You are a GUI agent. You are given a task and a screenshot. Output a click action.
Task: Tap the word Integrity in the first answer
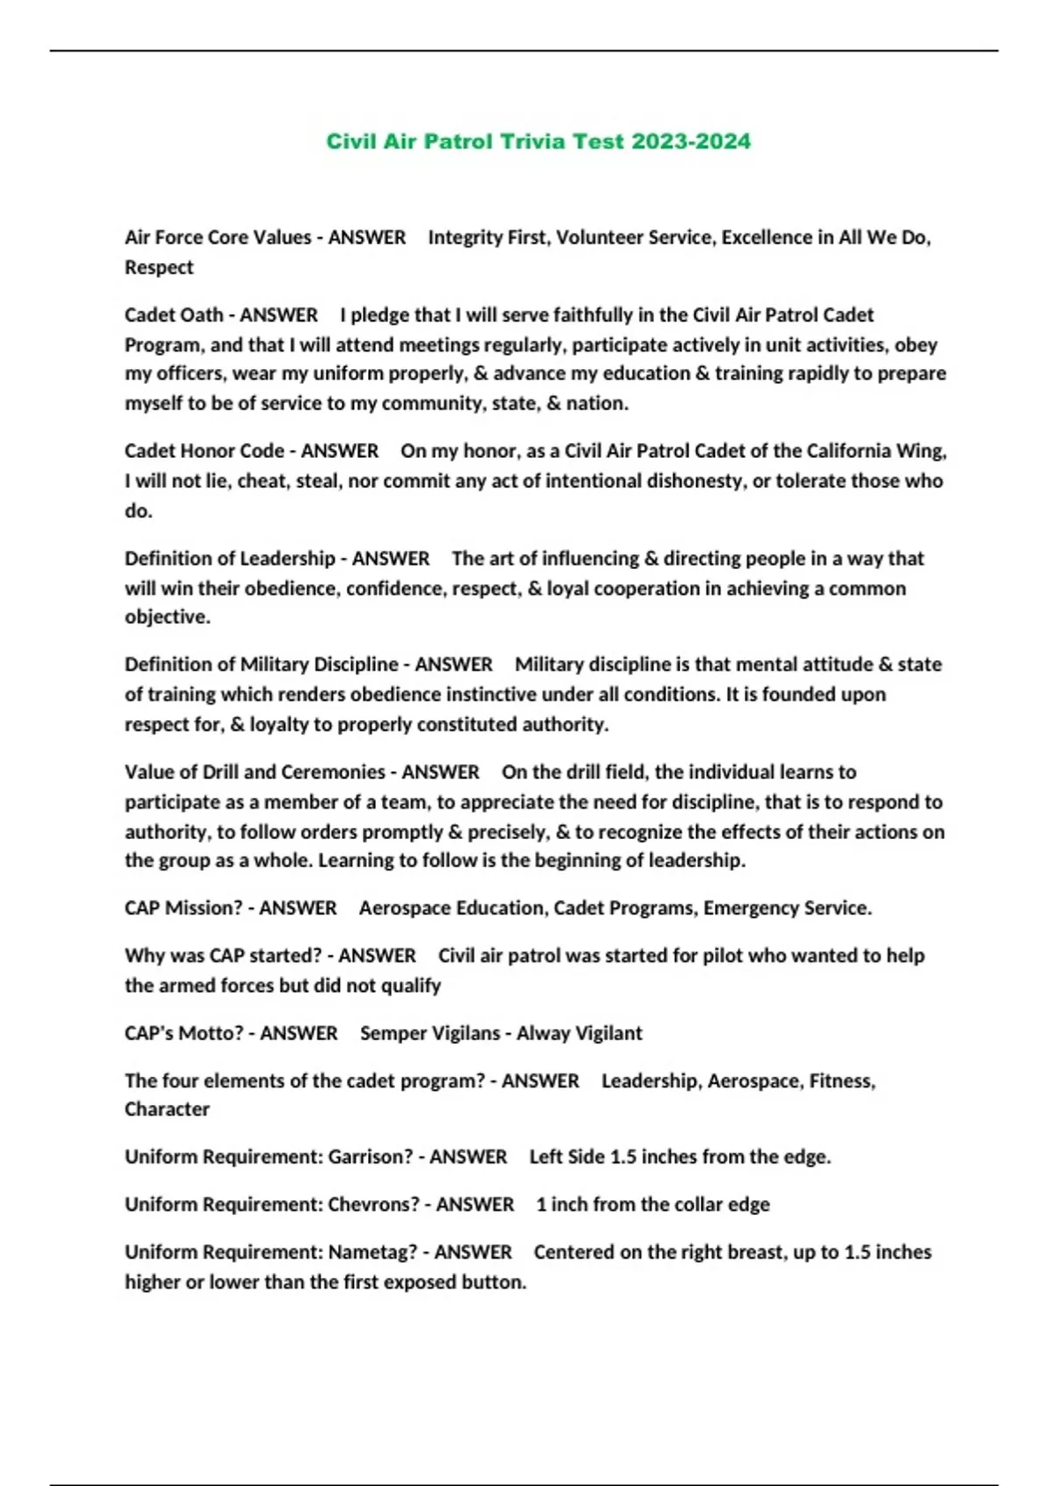pyautogui.click(x=461, y=238)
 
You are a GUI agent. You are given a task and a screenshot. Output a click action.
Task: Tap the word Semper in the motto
pyautogui.click(x=390, y=1033)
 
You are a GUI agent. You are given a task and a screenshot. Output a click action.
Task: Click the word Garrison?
pyautogui.click(x=371, y=1157)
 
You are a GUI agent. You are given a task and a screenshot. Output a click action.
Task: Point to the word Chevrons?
pyautogui.click(x=374, y=1205)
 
